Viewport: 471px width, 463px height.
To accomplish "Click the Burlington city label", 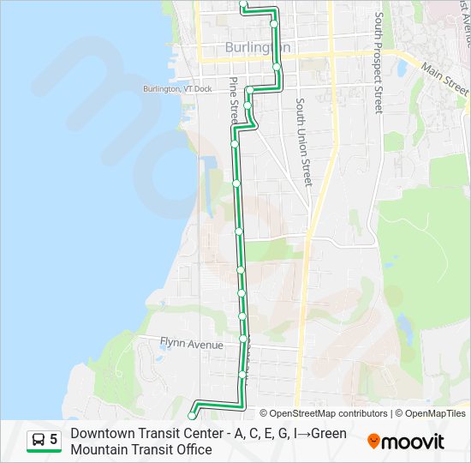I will tap(256, 47).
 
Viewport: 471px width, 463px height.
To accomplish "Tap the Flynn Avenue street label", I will tap(191, 345).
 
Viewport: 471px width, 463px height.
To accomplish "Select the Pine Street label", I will tap(233, 96).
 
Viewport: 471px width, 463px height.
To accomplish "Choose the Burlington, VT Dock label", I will tap(176, 88).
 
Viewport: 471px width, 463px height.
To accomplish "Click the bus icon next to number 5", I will tap(39, 440).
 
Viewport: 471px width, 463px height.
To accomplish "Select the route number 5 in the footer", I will tap(54, 440).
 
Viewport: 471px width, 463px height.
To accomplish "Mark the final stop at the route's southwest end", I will tap(191, 417).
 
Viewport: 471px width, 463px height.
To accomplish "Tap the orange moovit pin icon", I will tap(373, 442).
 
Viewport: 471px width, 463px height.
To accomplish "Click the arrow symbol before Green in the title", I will tap(304, 433).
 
